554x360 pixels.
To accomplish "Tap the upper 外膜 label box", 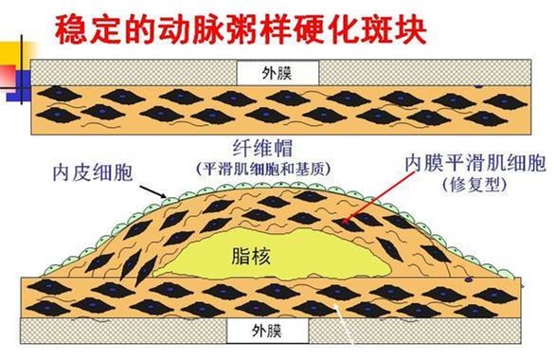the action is (278, 72).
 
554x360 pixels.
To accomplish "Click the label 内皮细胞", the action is (92, 173).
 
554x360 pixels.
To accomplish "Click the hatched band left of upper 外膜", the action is (133, 72).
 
